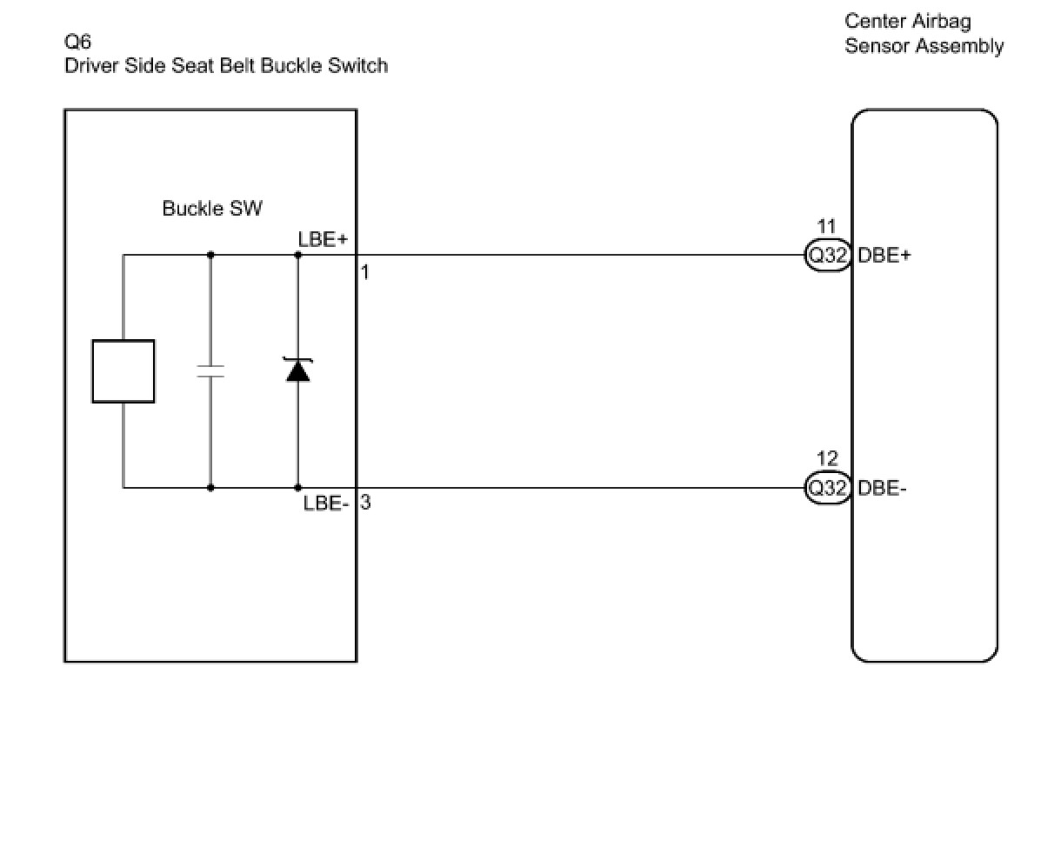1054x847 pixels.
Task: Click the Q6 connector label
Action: [77, 42]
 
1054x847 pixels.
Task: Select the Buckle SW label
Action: [212, 209]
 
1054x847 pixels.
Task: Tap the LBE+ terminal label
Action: [323, 239]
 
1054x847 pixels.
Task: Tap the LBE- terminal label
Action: [325, 503]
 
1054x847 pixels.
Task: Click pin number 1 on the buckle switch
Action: [365, 272]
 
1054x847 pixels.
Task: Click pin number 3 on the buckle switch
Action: [366, 502]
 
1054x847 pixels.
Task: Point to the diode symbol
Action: [298, 371]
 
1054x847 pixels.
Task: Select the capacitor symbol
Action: [210, 371]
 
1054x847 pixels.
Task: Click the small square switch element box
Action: [123, 371]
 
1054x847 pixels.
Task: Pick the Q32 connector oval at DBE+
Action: [828, 256]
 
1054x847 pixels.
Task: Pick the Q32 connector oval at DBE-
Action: [828, 488]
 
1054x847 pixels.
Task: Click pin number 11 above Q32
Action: [827, 228]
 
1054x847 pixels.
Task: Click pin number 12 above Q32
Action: [827, 458]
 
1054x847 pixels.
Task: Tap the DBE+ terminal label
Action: [884, 256]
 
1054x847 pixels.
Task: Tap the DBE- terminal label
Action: [882, 488]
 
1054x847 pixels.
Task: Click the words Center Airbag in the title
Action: [907, 21]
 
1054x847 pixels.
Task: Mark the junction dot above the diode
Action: [298, 255]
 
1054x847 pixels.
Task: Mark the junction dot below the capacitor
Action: [210, 488]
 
